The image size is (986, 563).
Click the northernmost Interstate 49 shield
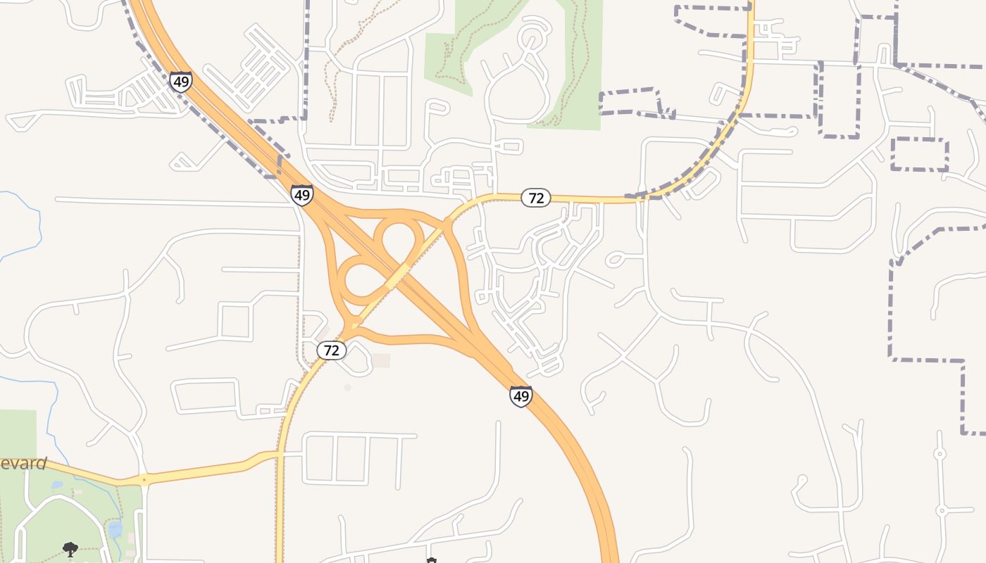coord(181,82)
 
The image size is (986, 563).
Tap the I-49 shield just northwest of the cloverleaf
coord(302,194)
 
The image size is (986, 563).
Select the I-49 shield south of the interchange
coord(521,397)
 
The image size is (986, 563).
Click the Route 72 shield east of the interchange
coord(536,198)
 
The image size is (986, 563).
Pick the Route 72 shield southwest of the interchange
coord(332,350)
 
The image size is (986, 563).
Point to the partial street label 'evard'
coord(23,464)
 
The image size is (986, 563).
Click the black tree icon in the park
coord(70,549)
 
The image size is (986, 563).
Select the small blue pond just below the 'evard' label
coord(57,485)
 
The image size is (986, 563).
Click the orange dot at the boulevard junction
coord(144,481)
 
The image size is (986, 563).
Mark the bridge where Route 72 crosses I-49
coord(398,276)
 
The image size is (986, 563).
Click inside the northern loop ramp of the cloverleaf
coord(398,239)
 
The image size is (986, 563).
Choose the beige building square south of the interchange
coord(381,360)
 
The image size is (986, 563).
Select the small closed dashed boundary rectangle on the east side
coord(919,154)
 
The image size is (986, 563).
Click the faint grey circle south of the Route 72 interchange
coord(347,387)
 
